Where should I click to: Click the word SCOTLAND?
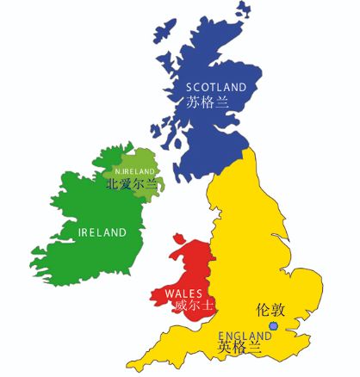pyautogui.click(x=216, y=87)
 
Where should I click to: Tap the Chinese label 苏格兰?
pyautogui.click(x=206, y=102)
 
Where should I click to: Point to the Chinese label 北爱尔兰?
pyautogui.click(x=132, y=183)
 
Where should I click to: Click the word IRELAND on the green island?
pyautogui.click(x=102, y=232)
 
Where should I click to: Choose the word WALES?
pyautogui.click(x=183, y=294)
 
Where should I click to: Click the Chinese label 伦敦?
pyautogui.click(x=272, y=308)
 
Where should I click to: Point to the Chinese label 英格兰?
pyautogui.click(x=237, y=348)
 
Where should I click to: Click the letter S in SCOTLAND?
pyautogui.click(x=189, y=87)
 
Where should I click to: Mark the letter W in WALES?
pyautogui.click(x=168, y=294)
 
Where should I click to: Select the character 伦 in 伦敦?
pyautogui.click(x=264, y=308)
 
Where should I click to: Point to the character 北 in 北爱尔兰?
pyautogui.click(x=111, y=183)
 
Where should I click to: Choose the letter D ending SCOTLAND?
pyautogui.click(x=243, y=87)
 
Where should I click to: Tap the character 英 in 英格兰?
pyautogui.click(x=223, y=348)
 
